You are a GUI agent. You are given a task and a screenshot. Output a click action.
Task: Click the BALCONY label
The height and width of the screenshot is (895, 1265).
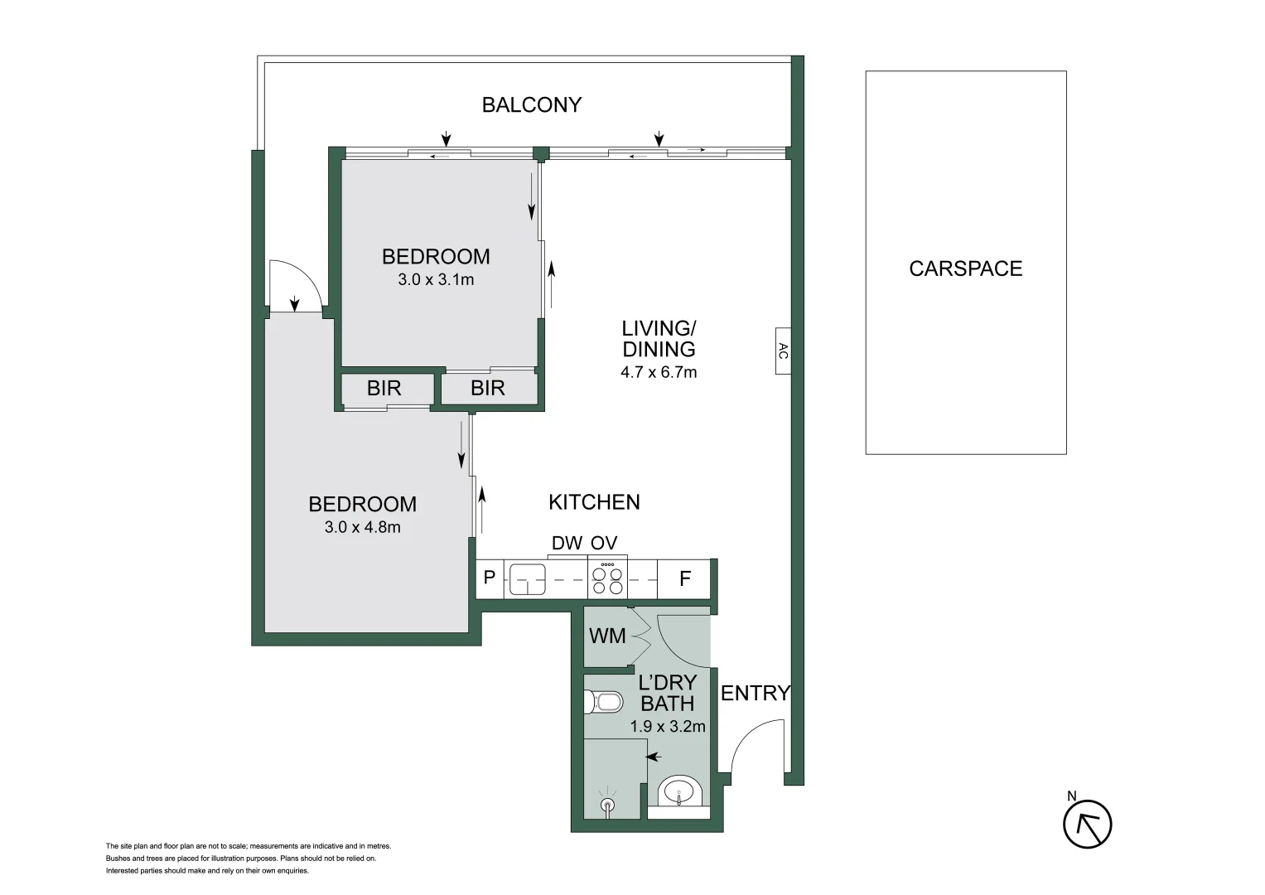point(532,104)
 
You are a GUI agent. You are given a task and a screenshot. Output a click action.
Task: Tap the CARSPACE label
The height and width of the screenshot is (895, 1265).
point(965,268)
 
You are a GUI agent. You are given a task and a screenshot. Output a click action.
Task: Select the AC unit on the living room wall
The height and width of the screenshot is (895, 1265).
point(783,351)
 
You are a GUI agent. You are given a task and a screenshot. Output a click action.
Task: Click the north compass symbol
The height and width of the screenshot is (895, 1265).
point(1087,824)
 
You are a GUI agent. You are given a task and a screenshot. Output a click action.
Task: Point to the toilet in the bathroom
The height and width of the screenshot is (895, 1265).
point(604,703)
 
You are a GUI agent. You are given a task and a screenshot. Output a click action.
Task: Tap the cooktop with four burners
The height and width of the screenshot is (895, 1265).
point(607,578)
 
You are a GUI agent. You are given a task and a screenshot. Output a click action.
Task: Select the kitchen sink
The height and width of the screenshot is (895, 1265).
point(527,578)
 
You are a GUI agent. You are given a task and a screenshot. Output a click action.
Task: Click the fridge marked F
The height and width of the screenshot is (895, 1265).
point(684,578)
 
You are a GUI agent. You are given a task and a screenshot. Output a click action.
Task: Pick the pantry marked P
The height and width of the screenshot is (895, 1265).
point(489,578)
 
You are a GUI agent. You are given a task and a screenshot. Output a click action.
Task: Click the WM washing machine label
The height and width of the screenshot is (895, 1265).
point(606,636)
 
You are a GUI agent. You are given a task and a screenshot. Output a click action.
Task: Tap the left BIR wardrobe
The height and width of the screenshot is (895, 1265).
point(384,388)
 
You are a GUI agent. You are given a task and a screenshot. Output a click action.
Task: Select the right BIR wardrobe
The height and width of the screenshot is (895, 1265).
point(487,388)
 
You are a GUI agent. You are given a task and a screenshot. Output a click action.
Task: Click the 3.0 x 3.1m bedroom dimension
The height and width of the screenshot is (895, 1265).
point(436,280)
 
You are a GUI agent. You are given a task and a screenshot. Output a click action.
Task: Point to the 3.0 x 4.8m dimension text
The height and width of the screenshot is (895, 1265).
point(362,527)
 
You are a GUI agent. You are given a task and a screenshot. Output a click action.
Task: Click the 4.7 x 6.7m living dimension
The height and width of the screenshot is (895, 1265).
point(659,373)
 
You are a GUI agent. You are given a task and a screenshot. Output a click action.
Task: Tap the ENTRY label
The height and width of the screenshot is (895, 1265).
point(755,693)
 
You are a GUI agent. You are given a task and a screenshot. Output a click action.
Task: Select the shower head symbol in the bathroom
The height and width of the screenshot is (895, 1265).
point(609,803)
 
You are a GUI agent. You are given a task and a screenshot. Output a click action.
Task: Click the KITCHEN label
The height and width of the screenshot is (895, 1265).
point(594,501)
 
